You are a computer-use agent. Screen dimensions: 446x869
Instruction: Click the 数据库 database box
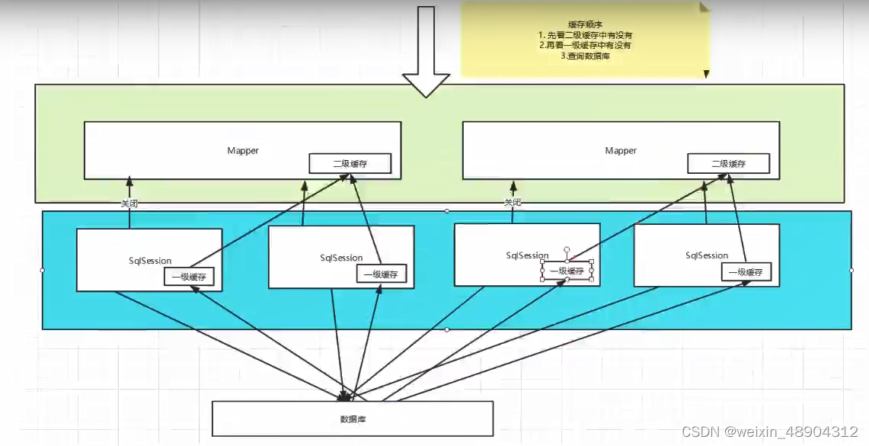(352, 419)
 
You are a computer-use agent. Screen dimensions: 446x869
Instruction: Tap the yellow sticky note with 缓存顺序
(585, 40)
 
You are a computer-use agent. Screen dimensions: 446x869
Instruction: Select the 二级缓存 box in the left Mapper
(350, 163)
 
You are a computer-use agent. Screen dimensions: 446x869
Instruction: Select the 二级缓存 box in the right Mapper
(728, 163)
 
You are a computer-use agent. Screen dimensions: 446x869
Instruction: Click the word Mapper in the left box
(243, 150)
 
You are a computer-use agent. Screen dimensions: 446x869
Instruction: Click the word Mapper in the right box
(621, 150)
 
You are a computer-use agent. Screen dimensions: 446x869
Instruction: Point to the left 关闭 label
(129, 204)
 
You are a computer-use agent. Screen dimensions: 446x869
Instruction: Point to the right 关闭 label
(513, 203)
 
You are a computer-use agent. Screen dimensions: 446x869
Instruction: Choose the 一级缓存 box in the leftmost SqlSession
(189, 278)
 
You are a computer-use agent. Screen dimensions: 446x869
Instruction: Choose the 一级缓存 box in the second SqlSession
(381, 274)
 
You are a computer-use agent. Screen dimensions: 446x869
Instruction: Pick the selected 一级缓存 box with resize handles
(567, 271)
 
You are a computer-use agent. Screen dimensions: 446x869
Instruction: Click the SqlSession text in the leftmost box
(150, 262)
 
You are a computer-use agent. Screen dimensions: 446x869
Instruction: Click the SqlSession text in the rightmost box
(707, 255)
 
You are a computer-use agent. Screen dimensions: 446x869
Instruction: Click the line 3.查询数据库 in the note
(584, 56)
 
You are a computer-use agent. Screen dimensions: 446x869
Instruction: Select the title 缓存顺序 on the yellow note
(584, 24)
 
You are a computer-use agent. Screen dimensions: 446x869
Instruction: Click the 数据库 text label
(352, 419)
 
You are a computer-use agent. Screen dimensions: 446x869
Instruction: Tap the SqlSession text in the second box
(341, 258)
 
